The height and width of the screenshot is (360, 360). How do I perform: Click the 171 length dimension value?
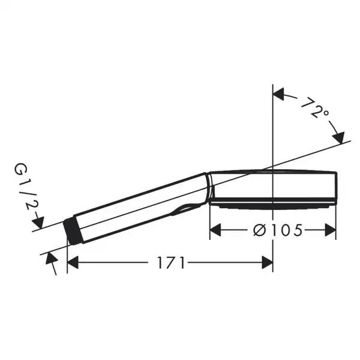[x=171, y=262]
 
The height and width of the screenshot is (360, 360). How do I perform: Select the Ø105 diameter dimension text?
[x=278, y=230]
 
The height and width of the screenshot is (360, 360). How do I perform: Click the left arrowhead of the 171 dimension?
[x=73, y=262]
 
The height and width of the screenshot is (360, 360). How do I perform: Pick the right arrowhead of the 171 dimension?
[x=267, y=262]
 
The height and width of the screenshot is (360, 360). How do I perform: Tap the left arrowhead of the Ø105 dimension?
[x=215, y=230]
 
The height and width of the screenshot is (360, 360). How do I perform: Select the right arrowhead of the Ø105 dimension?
[x=331, y=230]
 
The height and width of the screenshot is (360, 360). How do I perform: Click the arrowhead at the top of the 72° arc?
[x=278, y=94]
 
